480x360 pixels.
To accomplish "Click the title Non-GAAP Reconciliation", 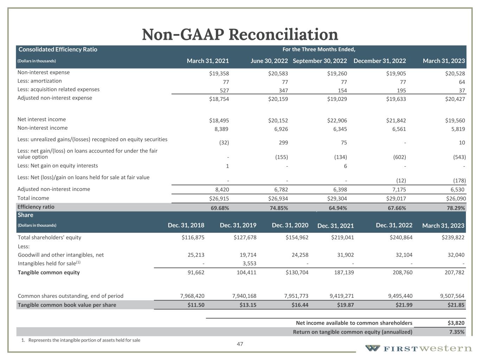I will (240, 34).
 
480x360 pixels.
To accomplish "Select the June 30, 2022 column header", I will (269, 61).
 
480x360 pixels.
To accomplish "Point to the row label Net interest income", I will (41, 120).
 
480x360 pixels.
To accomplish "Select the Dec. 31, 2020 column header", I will (290, 225).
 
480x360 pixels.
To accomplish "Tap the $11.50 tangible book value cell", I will (196, 305).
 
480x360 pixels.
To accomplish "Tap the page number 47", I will (240, 344).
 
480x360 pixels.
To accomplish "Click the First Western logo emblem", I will (372, 348).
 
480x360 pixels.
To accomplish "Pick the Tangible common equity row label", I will (49, 272).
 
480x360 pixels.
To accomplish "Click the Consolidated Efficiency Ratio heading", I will (58, 50).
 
